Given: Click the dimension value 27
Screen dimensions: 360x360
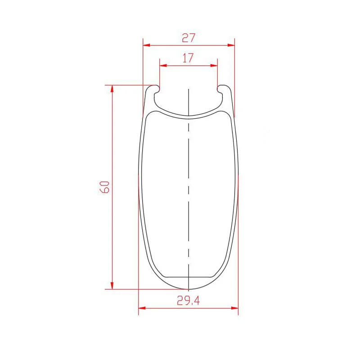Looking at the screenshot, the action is (x=189, y=38).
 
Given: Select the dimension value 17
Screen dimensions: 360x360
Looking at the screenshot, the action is (x=188, y=58).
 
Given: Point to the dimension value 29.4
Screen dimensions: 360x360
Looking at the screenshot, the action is (x=188, y=300).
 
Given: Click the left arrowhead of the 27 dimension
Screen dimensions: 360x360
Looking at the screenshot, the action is (x=147, y=45).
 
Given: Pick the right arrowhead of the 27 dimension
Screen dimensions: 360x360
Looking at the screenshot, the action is (x=231, y=45).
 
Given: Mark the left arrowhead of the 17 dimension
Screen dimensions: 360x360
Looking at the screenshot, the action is (x=163, y=65).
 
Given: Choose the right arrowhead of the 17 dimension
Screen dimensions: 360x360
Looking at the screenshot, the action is (x=214, y=65).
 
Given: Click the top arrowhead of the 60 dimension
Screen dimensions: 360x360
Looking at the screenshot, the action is (x=112, y=89).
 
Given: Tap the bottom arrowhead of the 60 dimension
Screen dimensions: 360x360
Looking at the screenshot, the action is (x=112, y=285).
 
